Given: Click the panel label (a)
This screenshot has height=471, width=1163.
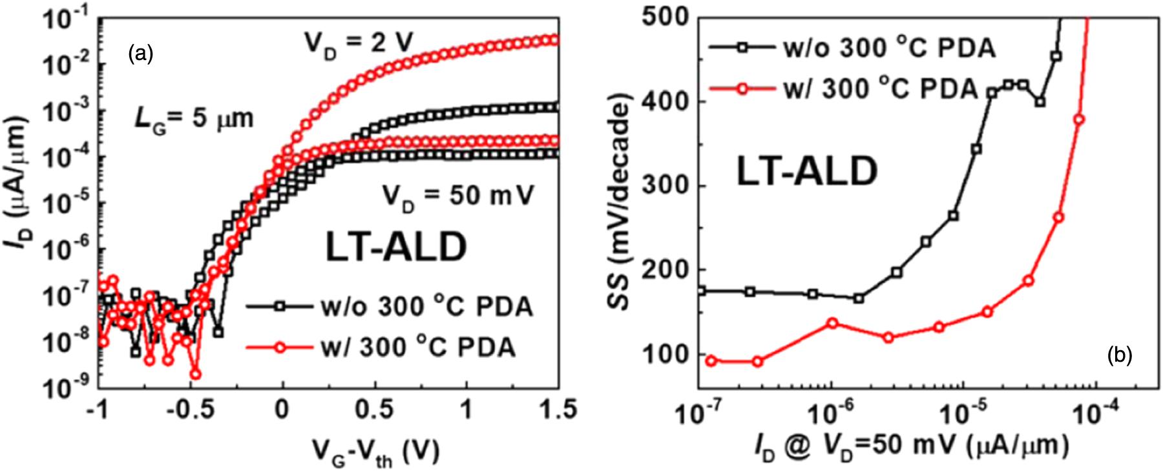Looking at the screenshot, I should [141, 54].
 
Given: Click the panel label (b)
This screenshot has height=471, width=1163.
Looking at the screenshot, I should [1119, 355].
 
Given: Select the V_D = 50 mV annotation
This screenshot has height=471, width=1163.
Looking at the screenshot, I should [458, 196].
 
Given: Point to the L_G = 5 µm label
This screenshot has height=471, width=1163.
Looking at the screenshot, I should [193, 120].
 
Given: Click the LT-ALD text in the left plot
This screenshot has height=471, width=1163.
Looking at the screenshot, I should [395, 247].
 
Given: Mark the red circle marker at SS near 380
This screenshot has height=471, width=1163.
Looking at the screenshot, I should [1078, 120].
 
